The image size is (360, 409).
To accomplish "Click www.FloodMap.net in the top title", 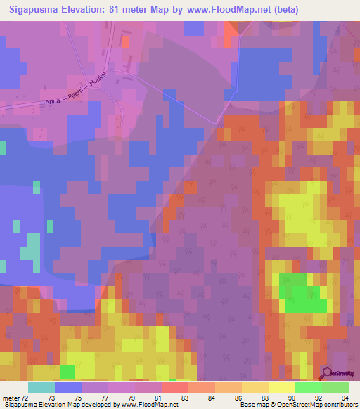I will tap(236, 10).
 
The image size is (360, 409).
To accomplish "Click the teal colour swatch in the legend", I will tap(41, 387).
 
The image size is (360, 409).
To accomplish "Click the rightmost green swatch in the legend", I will tap(335, 387).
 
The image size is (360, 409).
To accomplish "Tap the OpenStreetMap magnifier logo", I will tap(328, 372).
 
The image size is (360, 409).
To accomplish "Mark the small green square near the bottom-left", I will tap(67, 371).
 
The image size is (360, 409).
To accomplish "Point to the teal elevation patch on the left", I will tap(31, 249).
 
